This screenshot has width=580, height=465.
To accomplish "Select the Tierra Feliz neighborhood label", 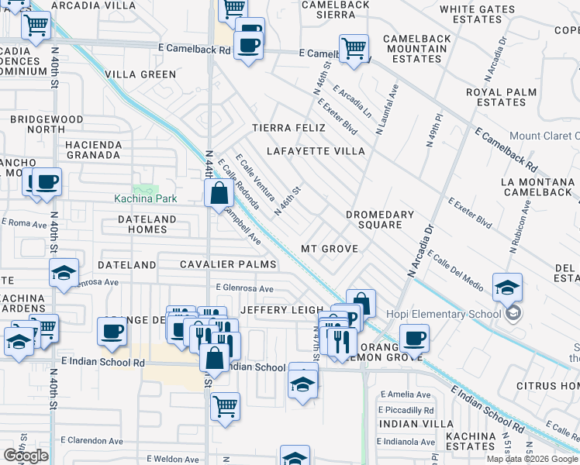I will [290, 128].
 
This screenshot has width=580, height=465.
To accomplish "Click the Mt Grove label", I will [330, 249].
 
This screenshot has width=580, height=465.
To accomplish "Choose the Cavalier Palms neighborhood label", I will [228, 265].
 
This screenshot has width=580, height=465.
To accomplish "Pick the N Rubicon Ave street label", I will [519, 228].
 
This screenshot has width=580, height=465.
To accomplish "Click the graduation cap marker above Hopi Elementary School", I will [507, 288].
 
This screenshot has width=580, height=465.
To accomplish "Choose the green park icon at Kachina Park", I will [143, 189].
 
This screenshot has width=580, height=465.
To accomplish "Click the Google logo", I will [26, 456].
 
